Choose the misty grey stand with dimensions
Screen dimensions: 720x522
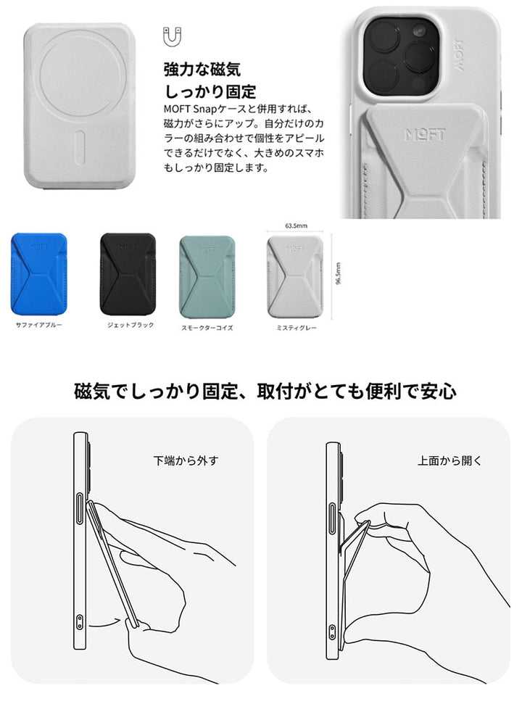pyautogui.click(x=294, y=276)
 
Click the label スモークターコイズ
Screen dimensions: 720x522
pyautogui.click(x=207, y=328)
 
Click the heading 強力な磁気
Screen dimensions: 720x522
pyautogui.click(x=202, y=70)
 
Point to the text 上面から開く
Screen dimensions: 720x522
pyautogui.click(x=439, y=460)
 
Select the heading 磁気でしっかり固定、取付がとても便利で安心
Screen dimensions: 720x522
pyautogui.click(x=265, y=391)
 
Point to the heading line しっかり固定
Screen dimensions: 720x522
pyautogui.click(x=210, y=91)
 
